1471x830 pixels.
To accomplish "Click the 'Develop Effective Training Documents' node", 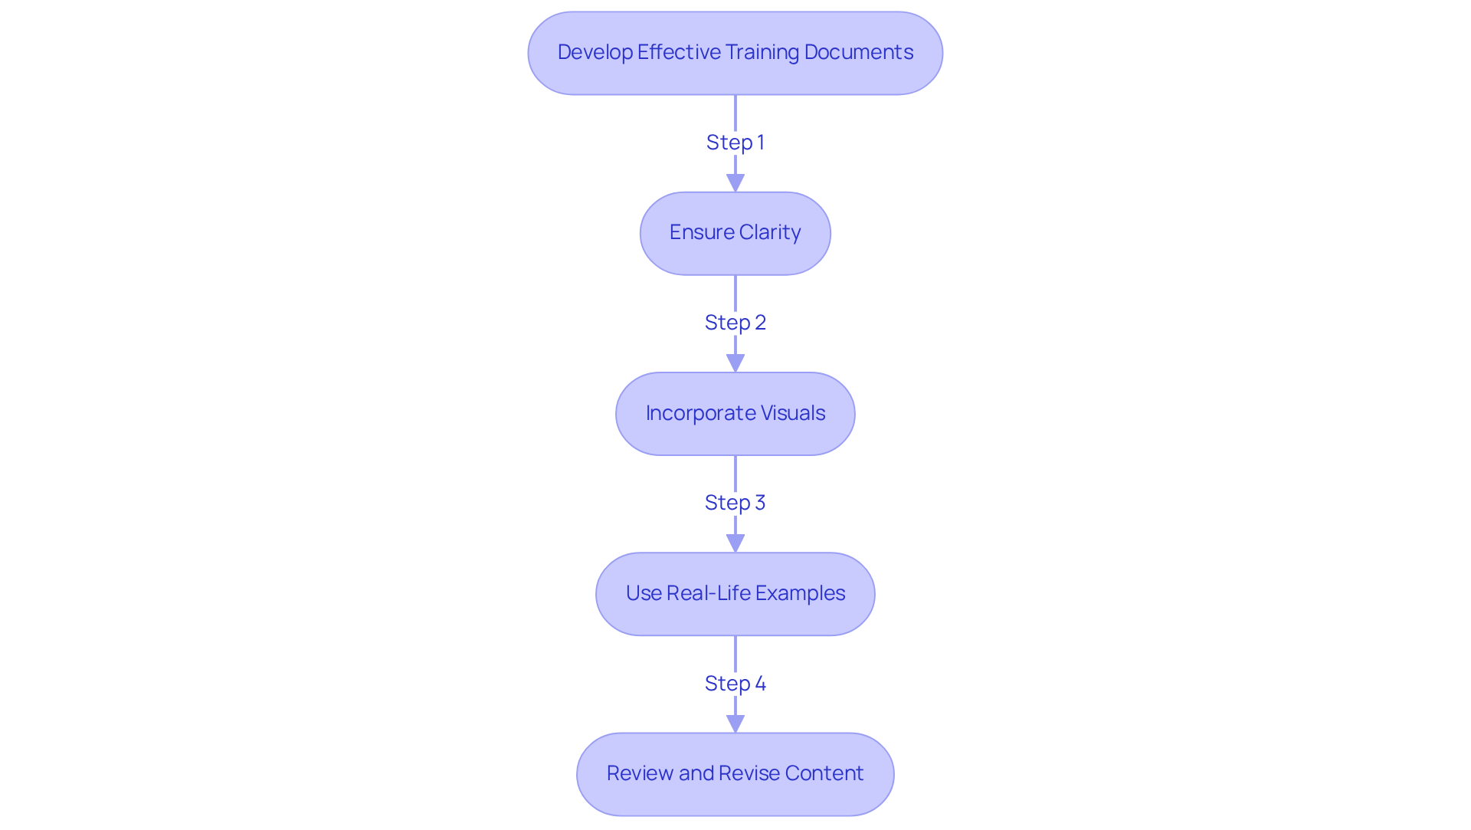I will [735, 53].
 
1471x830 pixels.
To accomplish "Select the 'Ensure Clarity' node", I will [735, 233].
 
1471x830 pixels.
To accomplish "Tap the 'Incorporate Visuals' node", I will [735, 414].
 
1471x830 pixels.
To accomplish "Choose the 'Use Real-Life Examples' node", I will [735, 594].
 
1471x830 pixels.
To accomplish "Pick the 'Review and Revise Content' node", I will [735, 774].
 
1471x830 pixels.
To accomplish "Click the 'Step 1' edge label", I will [735, 143].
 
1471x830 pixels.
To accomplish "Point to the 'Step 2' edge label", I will [735, 323].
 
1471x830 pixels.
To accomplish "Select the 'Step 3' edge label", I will [735, 503].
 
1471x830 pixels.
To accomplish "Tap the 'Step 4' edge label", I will [735, 684].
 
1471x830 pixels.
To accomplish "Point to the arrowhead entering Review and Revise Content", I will [735, 724].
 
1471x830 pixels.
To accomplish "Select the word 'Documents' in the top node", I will [858, 52].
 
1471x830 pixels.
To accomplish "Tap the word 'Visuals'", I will [792, 413].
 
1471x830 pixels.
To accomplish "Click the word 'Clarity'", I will [769, 232].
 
